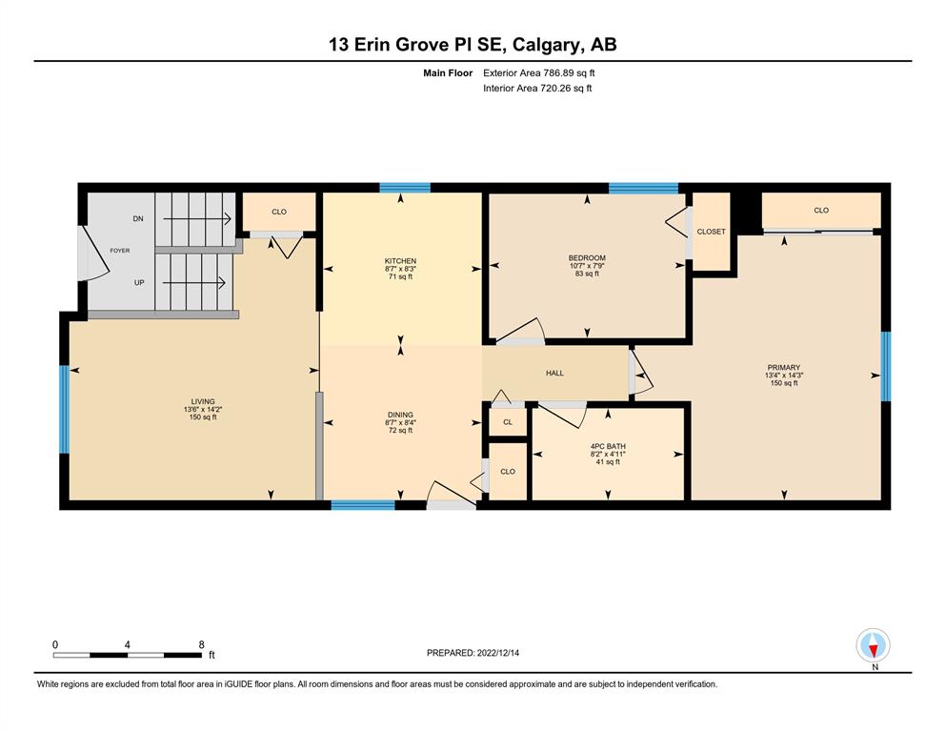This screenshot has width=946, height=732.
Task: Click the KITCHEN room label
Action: click(401, 261)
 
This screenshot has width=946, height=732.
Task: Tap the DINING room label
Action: click(400, 415)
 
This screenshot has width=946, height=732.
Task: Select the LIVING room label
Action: click(203, 401)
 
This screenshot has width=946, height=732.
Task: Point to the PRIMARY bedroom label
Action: click(784, 367)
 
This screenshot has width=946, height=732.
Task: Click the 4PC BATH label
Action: click(608, 447)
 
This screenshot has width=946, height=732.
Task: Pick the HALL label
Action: click(554, 373)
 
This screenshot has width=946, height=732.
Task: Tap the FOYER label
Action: click(119, 251)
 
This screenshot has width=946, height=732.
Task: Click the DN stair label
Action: click(138, 218)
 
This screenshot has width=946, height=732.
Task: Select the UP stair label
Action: click(139, 282)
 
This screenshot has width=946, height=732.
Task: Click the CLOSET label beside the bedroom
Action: click(711, 231)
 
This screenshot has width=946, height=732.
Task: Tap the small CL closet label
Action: click(508, 422)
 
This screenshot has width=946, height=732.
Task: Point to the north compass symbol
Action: click(873, 645)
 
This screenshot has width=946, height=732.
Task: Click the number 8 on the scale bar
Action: click(202, 644)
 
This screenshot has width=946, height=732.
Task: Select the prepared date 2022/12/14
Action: click(497, 653)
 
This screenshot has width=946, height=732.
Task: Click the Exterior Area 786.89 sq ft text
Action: click(539, 73)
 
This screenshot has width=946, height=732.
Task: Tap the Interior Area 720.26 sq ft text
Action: click(537, 88)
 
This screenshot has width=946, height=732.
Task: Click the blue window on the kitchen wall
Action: click(405, 187)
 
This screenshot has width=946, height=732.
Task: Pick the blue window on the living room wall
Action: click(64, 409)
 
